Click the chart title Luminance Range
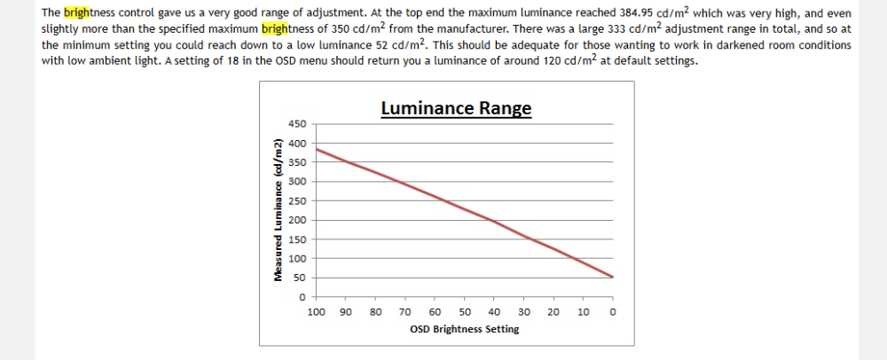(x=456, y=108)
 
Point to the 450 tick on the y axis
(x=297, y=124)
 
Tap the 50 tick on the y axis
(x=300, y=278)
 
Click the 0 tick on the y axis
(x=302, y=297)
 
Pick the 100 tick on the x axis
(x=315, y=312)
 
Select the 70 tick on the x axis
(x=404, y=312)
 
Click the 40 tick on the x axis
(x=494, y=312)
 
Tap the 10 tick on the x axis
(x=583, y=312)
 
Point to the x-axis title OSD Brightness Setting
(x=464, y=329)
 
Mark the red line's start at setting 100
(x=317, y=149)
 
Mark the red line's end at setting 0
(x=612, y=277)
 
